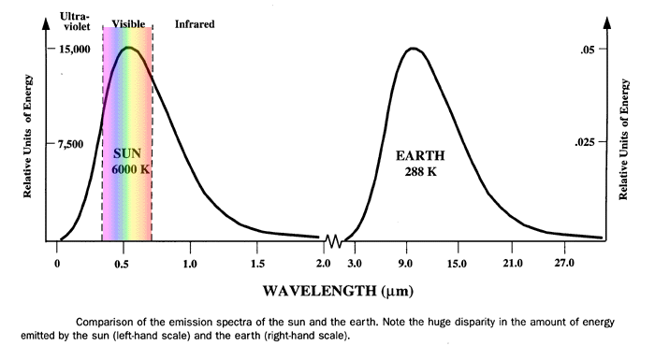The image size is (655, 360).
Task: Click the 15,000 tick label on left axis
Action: coord(73,49)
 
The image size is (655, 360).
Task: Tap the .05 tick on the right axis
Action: coord(585,49)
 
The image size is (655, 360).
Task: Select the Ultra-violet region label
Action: coord(72,22)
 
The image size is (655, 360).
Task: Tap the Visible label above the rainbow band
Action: coord(127,23)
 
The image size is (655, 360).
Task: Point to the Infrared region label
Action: coord(195,23)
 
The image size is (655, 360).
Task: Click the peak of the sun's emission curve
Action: coord(129,47)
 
